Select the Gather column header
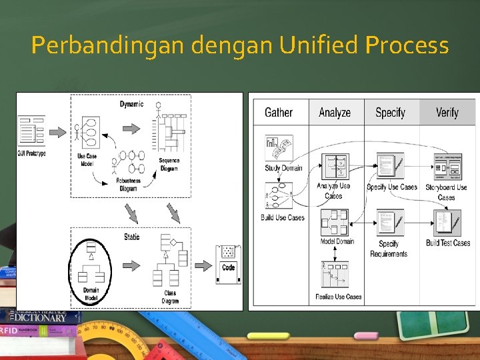point(279,112)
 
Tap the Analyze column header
point(335,112)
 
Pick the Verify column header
point(447,112)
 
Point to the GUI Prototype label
point(32,154)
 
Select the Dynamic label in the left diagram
point(131,104)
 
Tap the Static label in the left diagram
point(131,237)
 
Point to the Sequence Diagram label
point(169,165)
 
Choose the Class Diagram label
point(170,297)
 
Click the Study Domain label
point(283,168)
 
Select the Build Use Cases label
point(283,218)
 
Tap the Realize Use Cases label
point(339,297)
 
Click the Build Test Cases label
point(448,243)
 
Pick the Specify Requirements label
point(389,249)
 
